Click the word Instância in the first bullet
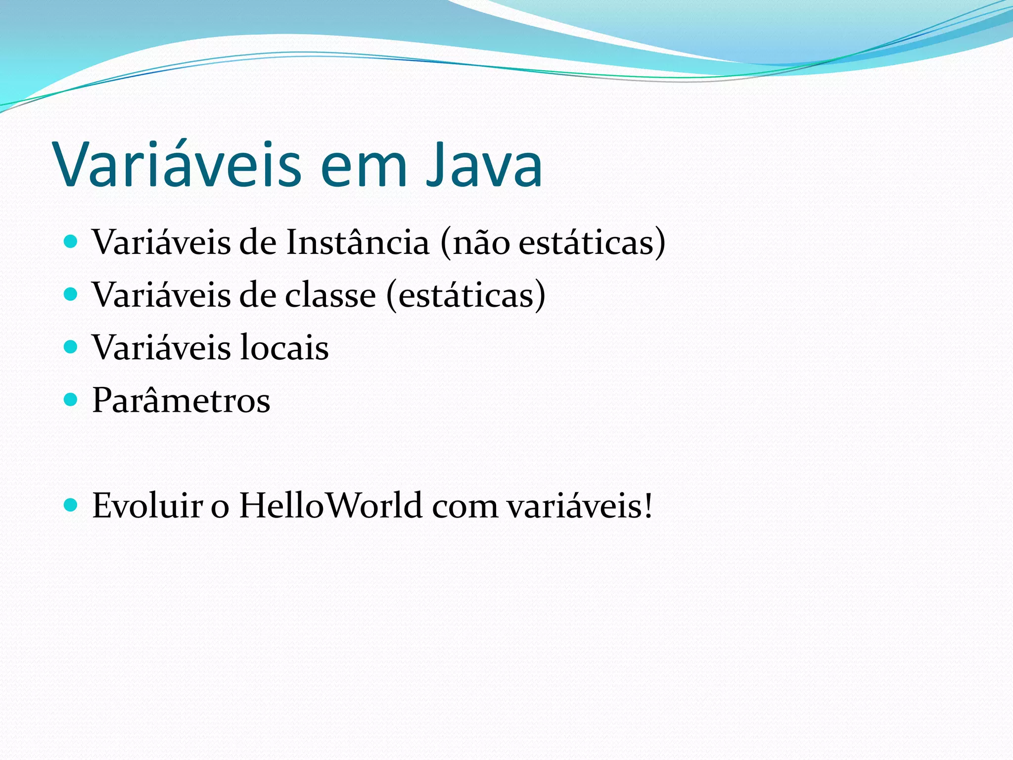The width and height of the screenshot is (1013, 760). click(358, 242)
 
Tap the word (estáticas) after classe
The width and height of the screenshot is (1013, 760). click(465, 295)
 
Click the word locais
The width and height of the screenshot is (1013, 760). click(284, 348)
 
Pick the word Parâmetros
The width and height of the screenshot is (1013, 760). click(181, 400)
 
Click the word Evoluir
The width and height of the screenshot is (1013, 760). click(147, 506)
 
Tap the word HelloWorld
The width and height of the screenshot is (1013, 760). click(330, 506)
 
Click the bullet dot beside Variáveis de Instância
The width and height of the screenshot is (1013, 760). click(71, 242)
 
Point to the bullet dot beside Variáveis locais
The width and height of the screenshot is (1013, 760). click(71, 347)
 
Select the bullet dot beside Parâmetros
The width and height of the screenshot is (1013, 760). click(71, 399)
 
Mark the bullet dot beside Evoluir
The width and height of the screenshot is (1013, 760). click(71, 505)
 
